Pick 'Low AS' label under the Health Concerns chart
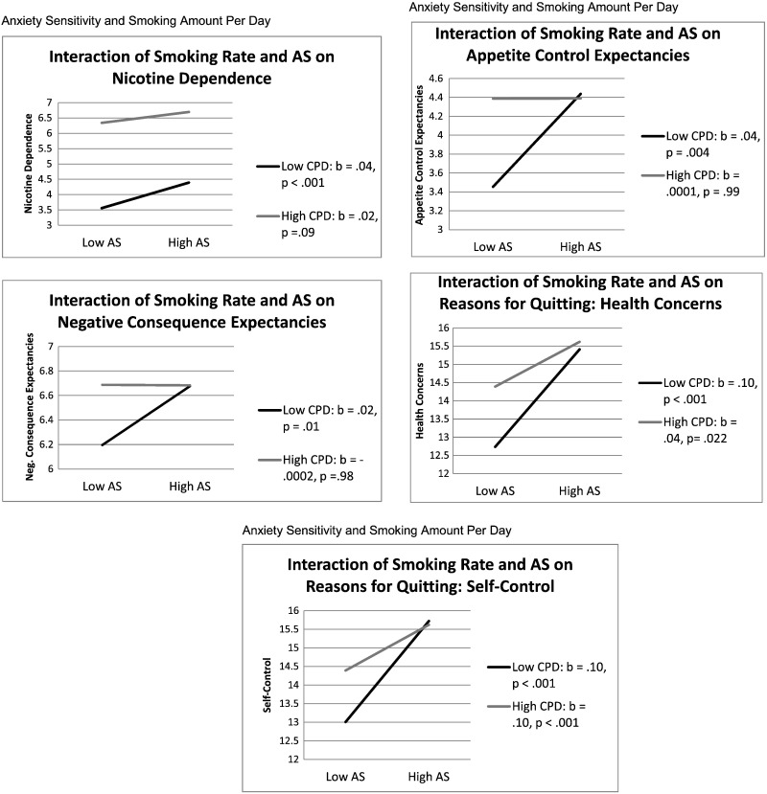tap(496, 490)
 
